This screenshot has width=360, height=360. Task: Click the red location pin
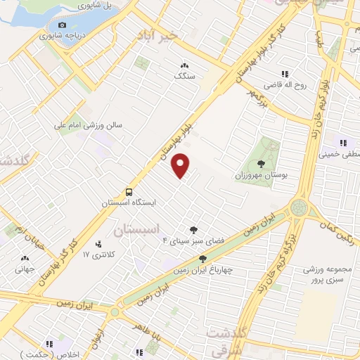[x=181, y=165]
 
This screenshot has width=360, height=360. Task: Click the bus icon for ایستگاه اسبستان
[x=129, y=191]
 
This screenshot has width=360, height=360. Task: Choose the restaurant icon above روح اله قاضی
[x=285, y=74]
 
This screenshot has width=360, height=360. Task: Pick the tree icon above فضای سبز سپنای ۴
[x=193, y=229]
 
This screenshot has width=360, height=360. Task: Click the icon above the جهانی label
[x=25, y=258]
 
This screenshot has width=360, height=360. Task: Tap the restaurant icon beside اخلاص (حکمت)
[x=49, y=345]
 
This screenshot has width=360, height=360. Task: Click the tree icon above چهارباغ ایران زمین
[x=202, y=259]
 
